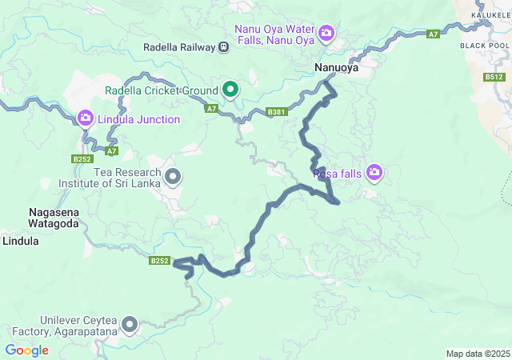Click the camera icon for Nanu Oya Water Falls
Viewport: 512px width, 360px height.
tap(326, 33)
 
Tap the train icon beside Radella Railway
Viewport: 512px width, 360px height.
tap(224, 47)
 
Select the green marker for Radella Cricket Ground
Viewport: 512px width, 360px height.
tap(230, 89)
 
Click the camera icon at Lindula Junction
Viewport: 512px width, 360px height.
tap(86, 119)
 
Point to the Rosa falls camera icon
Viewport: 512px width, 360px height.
tap(374, 172)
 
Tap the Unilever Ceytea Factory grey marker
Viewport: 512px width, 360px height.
tap(129, 325)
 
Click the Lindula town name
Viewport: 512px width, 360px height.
tap(21, 240)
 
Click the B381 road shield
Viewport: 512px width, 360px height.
tap(276, 112)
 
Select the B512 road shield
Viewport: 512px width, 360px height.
tap(494, 77)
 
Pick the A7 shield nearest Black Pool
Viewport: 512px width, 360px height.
tap(433, 34)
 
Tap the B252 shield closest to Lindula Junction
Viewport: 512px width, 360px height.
tap(82, 159)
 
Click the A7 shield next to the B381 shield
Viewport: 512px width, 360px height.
tap(211, 108)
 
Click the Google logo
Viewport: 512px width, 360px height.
tap(26, 350)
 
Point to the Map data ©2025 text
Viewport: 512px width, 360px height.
tap(477, 354)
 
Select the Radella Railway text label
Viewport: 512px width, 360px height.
tap(179, 47)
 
